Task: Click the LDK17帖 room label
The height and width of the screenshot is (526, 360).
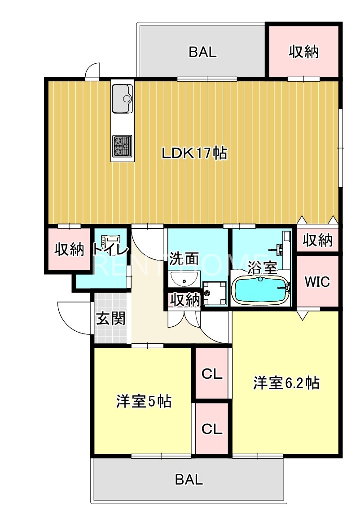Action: (x=194, y=153)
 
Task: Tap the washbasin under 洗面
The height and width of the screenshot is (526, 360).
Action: (x=184, y=280)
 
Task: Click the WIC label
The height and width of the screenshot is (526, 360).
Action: (x=317, y=282)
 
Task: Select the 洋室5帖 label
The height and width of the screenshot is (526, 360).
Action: (x=144, y=401)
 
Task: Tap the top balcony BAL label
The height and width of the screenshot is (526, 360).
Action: (x=202, y=52)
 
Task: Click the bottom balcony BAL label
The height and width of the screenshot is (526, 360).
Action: (x=189, y=479)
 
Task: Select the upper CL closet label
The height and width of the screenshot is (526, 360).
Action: (x=212, y=374)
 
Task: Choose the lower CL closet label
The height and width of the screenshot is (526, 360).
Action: (x=212, y=429)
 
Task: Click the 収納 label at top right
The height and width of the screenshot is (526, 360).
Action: (x=303, y=52)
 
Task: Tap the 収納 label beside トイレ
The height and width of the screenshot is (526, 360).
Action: (x=69, y=250)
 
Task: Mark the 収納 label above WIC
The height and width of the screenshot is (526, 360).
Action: (x=317, y=241)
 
